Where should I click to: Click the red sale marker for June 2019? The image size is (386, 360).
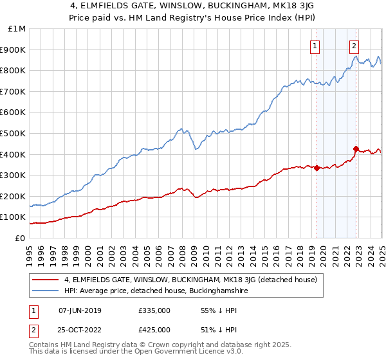[x=317, y=168]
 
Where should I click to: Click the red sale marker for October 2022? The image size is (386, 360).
[x=356, y=148]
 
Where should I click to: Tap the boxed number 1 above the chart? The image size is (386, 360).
[x=315, y=45]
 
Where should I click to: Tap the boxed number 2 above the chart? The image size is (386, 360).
[x=354, y=45]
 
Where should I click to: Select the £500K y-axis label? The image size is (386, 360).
[x=13, y=133]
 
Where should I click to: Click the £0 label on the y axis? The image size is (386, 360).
[x=19, y=238]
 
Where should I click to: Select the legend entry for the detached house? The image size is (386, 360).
[x=190, y=280]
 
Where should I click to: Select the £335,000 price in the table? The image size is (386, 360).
[x=153, y=310]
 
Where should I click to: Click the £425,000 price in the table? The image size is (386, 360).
[x=153, y=330]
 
